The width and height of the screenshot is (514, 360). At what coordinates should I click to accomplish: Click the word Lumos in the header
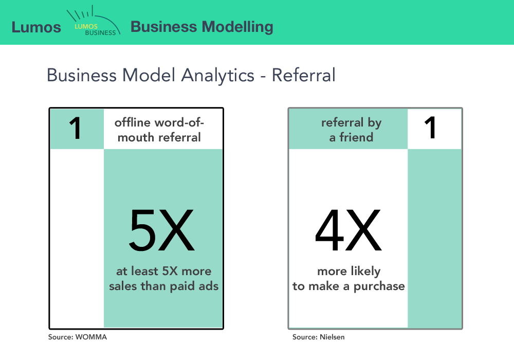(36, 27)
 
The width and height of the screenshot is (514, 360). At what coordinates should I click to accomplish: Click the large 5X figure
(162, 231)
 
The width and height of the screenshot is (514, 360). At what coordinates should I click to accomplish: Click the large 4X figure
(348, 231)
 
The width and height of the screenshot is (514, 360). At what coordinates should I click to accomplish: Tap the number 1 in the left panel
(76, 129)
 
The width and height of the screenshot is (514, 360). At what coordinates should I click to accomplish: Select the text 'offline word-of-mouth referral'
(159, 130)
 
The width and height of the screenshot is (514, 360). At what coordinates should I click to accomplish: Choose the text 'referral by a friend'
(347, 130)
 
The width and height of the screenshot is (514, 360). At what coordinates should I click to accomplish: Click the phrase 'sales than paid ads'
(163, 286)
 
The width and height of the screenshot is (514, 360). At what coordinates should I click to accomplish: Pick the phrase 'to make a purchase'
(348, 286)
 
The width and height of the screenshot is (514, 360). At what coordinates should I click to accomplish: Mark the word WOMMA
(91, 337)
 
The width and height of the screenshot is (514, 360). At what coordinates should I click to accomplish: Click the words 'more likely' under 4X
(348, 271)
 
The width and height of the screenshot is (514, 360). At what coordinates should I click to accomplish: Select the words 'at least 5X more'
(163, 271)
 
